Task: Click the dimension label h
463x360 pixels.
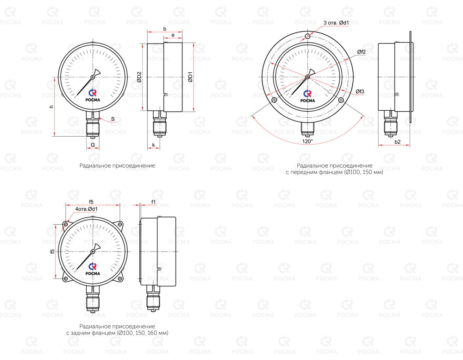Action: point(52,106)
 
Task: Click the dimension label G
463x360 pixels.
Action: point(93,145)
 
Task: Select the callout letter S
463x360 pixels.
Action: point(113,119)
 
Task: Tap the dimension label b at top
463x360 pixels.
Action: point(165,29)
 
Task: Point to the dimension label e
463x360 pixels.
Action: point(173,35)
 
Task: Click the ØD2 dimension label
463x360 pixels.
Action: point(139,77)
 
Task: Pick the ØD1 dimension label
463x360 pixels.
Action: point(190,77)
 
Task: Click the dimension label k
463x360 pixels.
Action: point(154,145)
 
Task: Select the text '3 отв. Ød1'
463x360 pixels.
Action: point(336,23)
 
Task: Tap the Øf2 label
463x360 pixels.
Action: point(362,52)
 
